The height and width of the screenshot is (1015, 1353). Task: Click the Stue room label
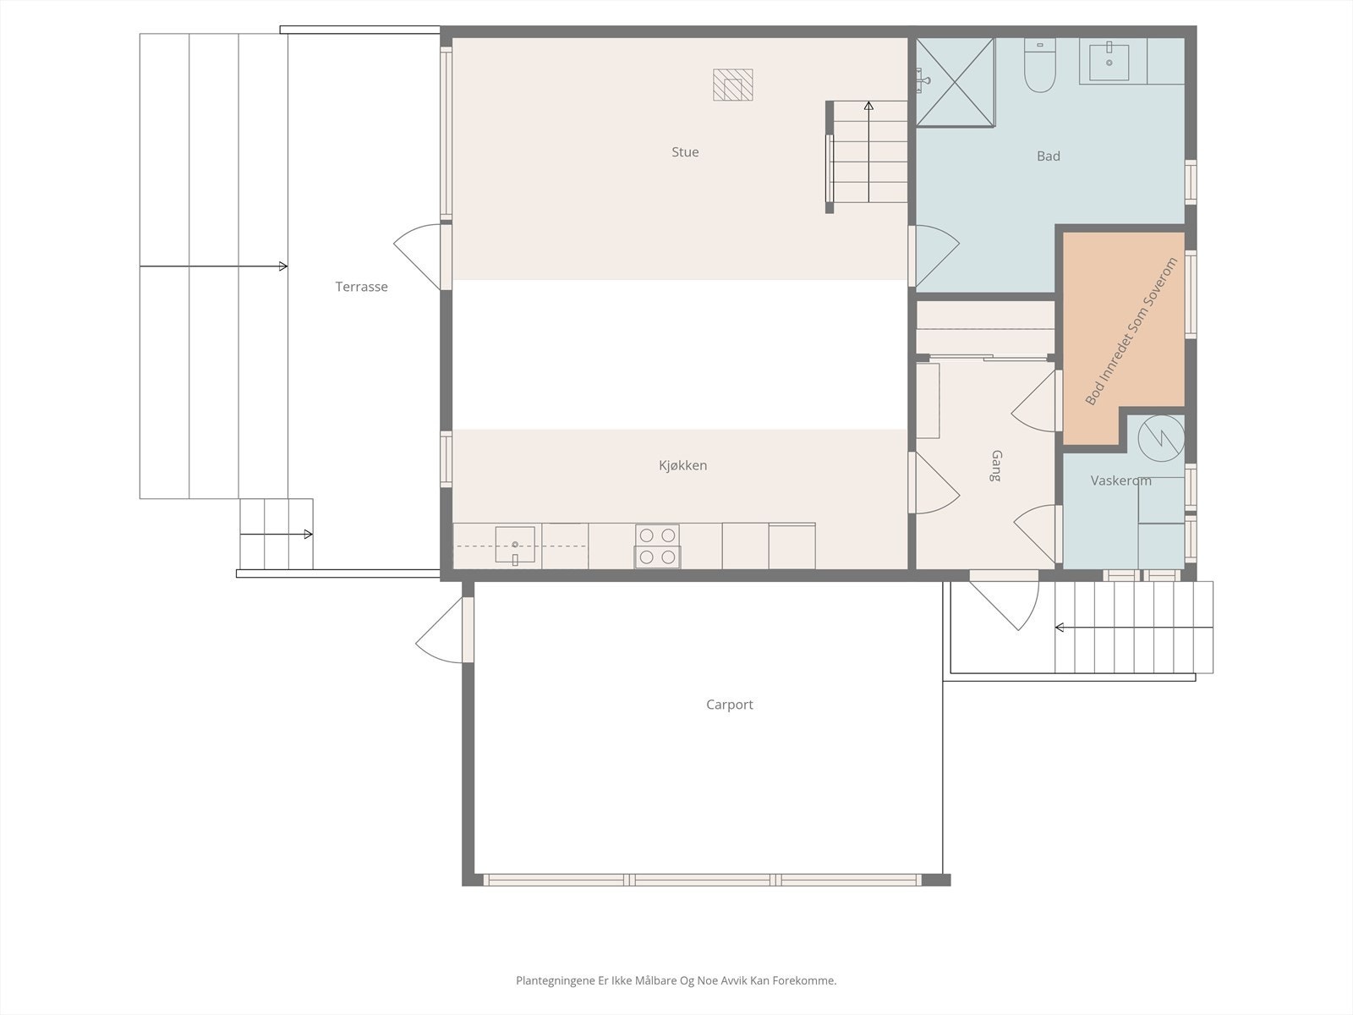(x=685, y=152)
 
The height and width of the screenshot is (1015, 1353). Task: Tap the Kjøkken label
(x=682, y=465)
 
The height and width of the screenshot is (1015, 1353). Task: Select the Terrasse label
(x=361, y=287)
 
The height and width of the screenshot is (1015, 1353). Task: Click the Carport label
(x=729, y=704)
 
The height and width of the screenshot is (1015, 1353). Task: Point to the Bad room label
(x=1048, y=156)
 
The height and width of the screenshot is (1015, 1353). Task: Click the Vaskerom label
(x=1120, y=480)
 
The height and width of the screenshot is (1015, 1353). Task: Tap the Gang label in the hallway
(x=995, y=466)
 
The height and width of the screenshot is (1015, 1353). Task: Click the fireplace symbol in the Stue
(x=732, y=85)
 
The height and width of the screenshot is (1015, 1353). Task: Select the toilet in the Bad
(x=1039, y=68)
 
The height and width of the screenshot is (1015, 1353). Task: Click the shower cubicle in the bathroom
(x=955, y=82)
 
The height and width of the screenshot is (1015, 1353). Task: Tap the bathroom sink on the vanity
(x=1109, y=61)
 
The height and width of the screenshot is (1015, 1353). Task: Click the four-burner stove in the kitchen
(x=657, y=546)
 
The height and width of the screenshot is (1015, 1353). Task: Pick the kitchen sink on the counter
(x=514, y=542)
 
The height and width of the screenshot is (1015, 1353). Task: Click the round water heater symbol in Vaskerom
(x=1160, y=436)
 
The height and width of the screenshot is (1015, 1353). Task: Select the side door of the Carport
(x=441, y=631)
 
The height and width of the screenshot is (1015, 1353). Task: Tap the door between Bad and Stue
(x=935, y=255)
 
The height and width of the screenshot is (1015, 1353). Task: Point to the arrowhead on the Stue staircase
(x=868, y=107)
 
